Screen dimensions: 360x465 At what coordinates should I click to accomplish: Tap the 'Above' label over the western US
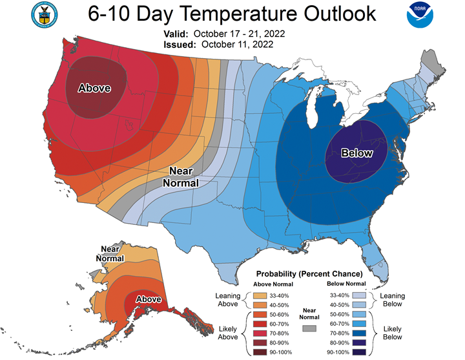point(94,89)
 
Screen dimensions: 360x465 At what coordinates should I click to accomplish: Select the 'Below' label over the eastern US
point(357,153)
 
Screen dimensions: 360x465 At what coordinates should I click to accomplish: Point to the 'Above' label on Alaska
point(149,299)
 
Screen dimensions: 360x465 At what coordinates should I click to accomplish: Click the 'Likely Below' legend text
point(392,333)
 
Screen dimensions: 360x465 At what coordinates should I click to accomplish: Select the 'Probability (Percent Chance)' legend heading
point(309,274)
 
